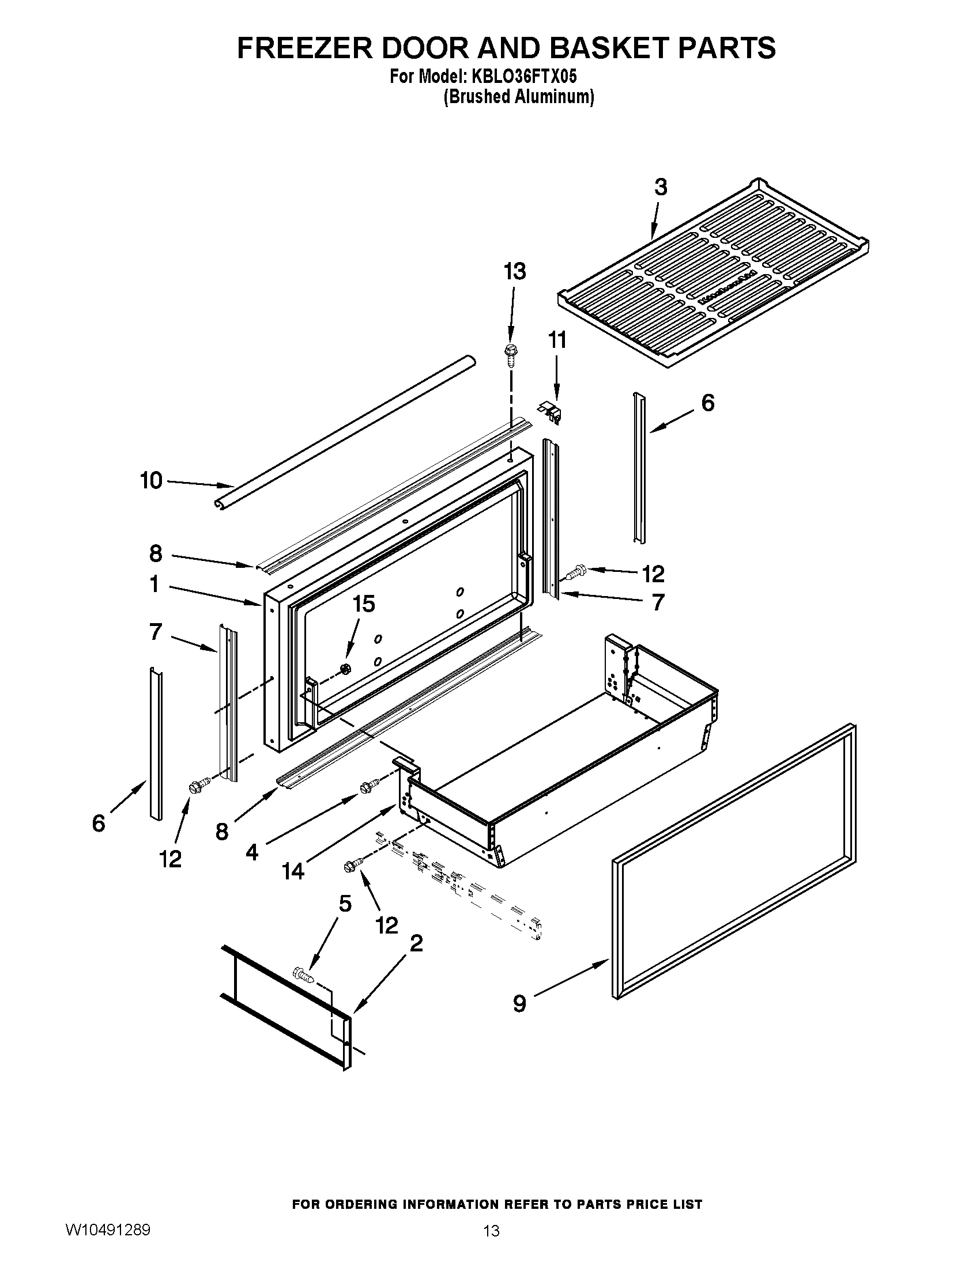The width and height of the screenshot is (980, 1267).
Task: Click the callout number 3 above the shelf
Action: [661, 187]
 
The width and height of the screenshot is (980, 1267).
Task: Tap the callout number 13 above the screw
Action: [514, 271]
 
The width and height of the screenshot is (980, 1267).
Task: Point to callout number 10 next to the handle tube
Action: [152, 480]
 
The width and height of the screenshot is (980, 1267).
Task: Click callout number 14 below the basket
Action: [293, 871]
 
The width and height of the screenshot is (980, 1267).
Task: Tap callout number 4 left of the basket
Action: [252, 852]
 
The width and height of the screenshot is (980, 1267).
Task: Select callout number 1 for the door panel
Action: [154, 584]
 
